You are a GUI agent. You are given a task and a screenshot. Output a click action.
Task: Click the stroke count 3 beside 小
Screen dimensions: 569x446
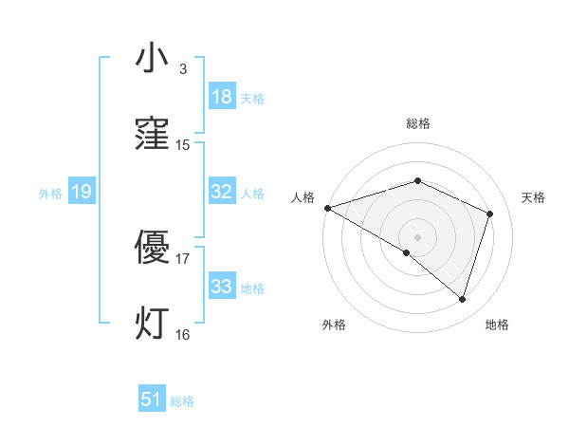point(183,69)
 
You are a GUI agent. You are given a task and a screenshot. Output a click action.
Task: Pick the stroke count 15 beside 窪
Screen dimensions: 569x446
point(183,145)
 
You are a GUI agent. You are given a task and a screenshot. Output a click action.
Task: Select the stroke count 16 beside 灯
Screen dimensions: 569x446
point(183,335)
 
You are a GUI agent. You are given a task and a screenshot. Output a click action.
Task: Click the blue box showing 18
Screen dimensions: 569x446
point(222,97)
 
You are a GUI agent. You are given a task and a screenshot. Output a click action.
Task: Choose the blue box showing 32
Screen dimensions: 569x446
point(222,192)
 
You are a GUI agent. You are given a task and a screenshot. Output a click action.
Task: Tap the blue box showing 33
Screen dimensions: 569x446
point(222,287)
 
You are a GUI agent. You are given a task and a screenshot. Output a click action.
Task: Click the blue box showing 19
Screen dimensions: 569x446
point(82,192)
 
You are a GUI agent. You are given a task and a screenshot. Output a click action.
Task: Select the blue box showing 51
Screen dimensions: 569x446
point(152,400)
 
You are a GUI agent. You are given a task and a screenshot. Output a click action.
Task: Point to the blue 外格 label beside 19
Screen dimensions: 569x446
point(50,193)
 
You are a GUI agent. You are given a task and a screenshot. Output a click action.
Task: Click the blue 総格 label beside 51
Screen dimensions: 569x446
point(182,401)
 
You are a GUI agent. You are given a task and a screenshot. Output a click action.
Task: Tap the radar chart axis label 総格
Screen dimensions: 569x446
point(418,123)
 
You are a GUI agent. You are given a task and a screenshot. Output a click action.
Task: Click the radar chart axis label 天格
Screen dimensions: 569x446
point(534,197)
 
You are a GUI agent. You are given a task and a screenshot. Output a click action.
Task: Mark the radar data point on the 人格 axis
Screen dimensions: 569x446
point(327,208)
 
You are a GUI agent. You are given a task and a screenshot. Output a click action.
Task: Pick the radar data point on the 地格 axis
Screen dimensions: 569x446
point(463,300)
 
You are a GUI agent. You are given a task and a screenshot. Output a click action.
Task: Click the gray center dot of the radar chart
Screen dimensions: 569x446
point(417,236)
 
